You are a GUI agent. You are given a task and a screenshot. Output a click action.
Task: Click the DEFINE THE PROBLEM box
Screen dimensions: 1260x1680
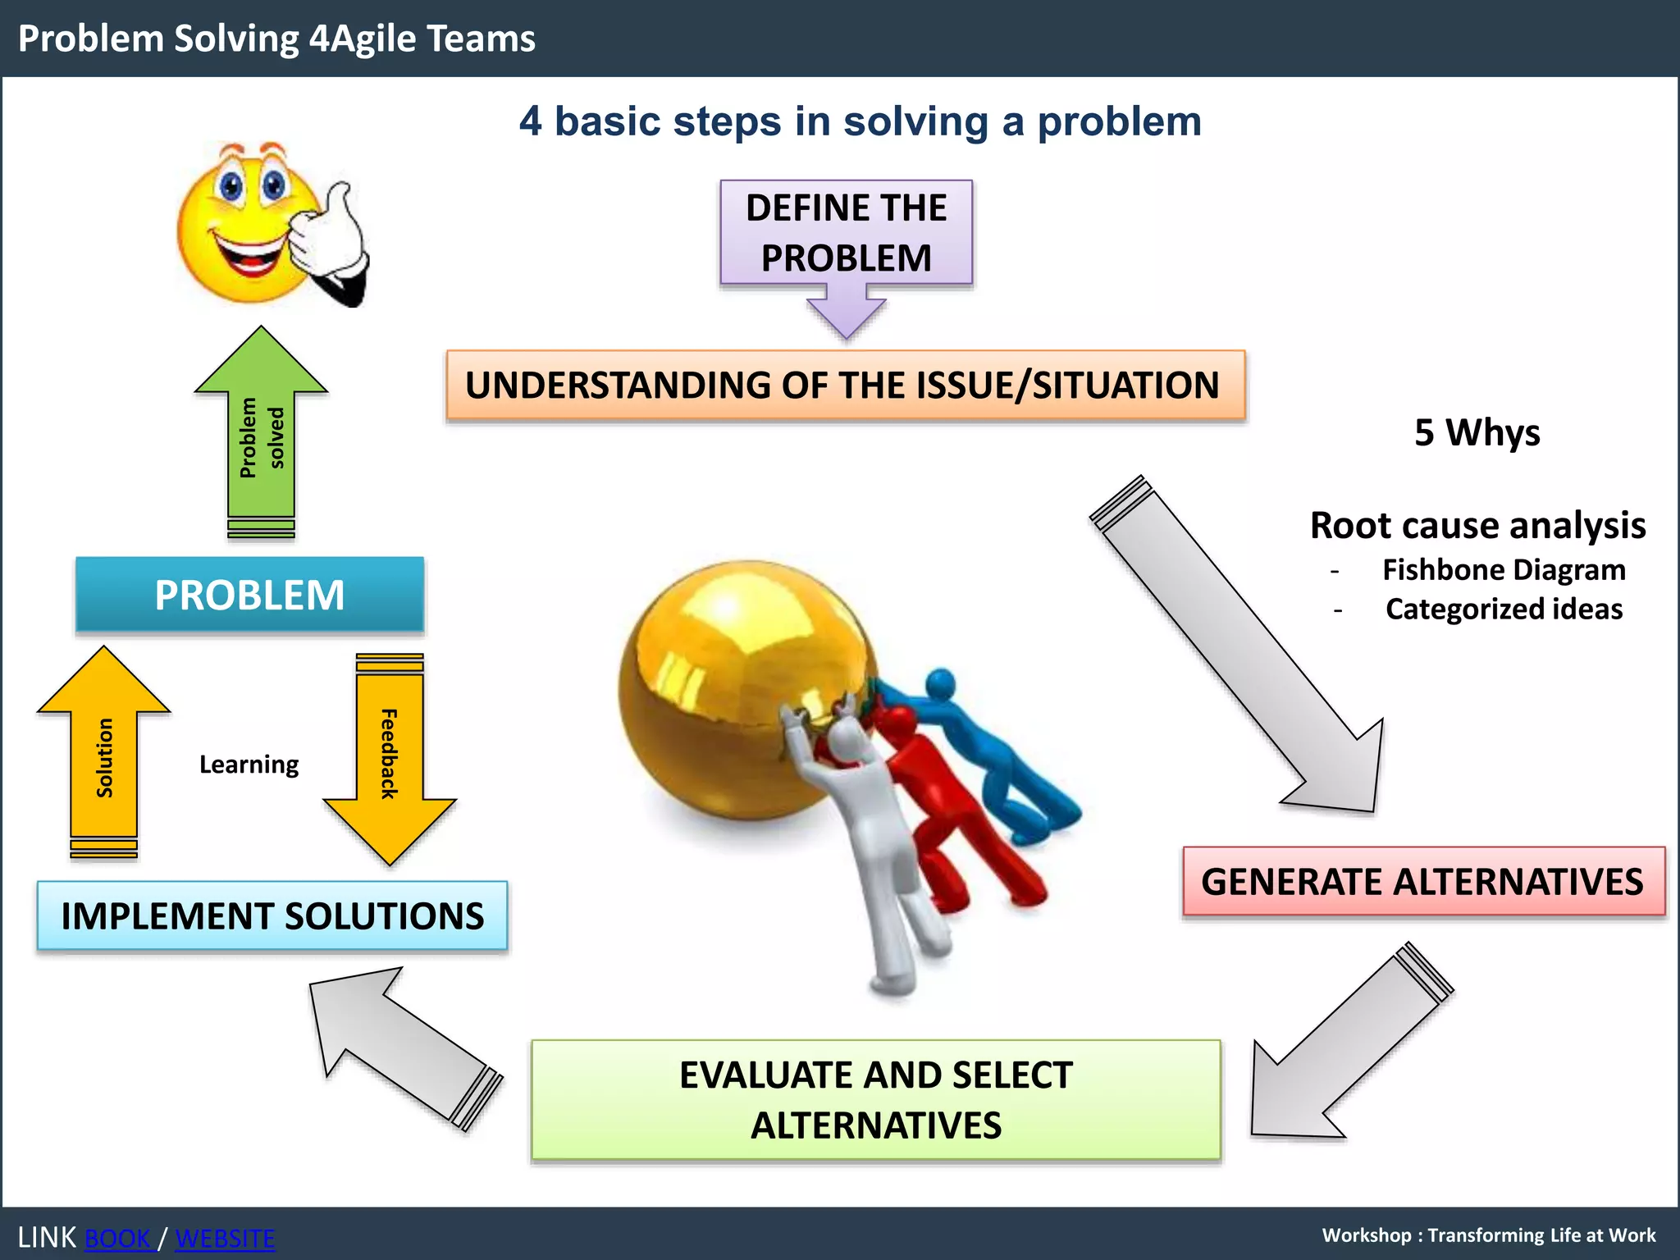846,233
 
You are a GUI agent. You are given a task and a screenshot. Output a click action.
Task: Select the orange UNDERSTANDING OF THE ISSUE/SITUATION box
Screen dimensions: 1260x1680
845,386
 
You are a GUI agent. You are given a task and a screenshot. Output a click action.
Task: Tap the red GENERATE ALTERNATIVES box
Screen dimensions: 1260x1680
1423,882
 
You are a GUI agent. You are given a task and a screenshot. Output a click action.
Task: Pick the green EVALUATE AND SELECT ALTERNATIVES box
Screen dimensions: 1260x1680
875,1099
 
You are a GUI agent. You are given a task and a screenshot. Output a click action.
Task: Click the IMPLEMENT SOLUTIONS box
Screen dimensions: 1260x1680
272,915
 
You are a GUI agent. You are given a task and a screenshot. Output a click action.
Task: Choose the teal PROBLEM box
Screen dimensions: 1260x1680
249,595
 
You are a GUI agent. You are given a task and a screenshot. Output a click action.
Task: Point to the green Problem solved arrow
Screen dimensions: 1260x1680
261,435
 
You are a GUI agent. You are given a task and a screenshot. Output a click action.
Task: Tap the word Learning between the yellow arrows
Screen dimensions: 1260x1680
249,765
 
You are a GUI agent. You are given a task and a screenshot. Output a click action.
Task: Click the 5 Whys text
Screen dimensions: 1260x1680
1477,432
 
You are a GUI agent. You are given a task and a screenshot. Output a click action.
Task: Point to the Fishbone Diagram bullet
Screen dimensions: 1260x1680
1503,570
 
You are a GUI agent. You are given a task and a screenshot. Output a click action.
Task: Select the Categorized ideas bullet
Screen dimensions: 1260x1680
1503,609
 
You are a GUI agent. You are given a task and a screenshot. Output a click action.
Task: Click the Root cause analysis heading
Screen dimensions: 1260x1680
1477,525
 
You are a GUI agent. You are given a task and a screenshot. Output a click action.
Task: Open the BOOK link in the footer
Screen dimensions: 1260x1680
118,1238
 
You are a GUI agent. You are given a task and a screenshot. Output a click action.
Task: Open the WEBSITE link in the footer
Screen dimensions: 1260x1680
225,1238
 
